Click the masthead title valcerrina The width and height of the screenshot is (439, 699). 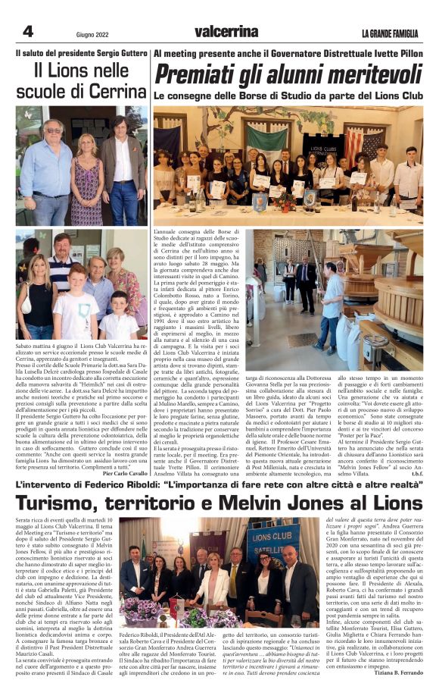[226, 31]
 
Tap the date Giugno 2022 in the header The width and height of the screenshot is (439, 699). [93, 34]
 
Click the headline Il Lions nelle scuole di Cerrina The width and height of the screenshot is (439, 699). [81, 80]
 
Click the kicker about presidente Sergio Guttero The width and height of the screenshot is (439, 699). [81, 54]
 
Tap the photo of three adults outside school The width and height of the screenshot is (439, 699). [82, 165]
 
